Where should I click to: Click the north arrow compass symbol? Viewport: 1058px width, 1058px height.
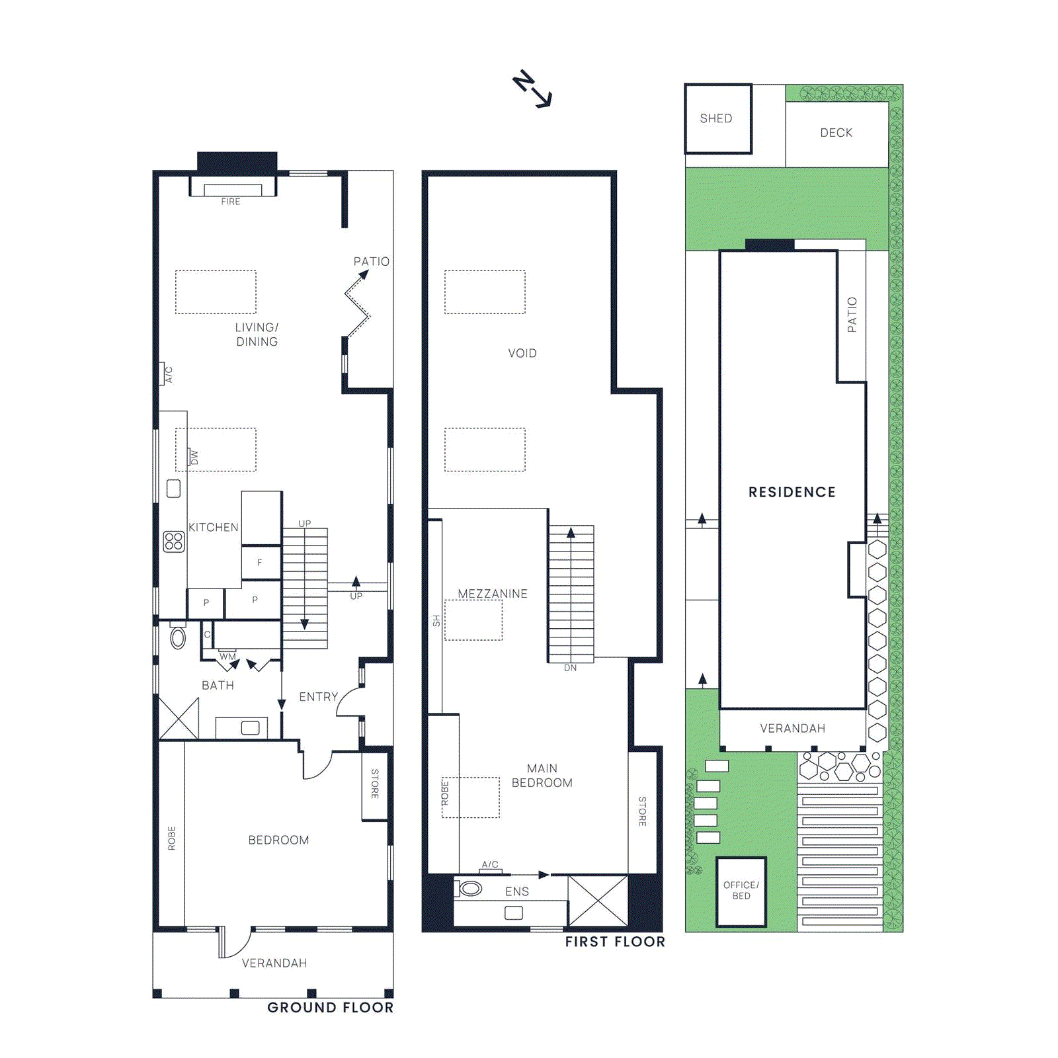coord(532,89)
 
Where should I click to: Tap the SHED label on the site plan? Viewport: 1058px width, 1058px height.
coord(716,118)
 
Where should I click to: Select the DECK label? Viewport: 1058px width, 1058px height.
coord(836,133)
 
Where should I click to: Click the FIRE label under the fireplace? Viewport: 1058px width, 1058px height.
coord(231,202)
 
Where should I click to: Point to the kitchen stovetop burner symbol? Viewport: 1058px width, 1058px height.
coord(174,542)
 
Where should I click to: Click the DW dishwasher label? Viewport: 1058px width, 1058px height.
coord(194,457)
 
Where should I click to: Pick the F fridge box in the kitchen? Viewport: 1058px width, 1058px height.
coord(261,563)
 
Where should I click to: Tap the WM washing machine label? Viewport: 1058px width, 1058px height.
coord(227,657)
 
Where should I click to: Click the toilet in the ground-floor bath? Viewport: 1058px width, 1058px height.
coord(178,637)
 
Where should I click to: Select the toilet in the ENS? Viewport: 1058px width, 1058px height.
coord(469,889)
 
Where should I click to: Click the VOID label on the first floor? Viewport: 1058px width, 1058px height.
coord(522,354)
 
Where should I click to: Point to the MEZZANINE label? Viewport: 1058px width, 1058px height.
coord(493,594)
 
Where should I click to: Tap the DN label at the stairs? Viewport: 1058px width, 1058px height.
coord(570,668)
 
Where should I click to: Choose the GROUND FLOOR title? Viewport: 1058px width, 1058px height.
coord(330,1008)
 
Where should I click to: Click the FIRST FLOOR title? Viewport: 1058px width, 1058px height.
coord(615,942)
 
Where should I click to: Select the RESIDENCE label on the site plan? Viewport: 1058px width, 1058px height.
coord(792,492)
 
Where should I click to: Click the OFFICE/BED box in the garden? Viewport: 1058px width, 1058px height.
coord(741,891)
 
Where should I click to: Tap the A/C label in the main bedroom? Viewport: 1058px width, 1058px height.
coord(490,865)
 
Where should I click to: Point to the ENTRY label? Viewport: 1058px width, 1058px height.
coord(318,697)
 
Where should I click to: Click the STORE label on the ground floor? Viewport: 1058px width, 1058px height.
coord(375,784)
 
